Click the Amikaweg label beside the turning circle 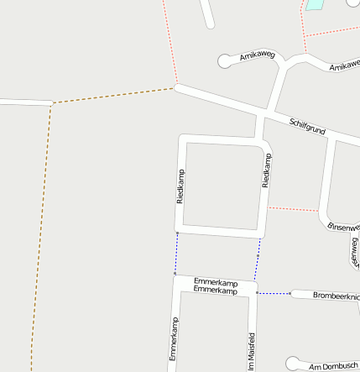coord(257,56)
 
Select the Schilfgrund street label coord(306,127)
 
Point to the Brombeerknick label coord(336,296)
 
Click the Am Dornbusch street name coord(333,367)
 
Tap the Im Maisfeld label coord(251,352)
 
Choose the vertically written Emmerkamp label coord(174,338)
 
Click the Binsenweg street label coord(343,227)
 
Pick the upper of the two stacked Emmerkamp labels coord(216,281)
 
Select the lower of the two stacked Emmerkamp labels coord(216,291)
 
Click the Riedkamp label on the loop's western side coord(180,186)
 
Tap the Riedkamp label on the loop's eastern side coord(266,170)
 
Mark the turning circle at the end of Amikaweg coord(224,60)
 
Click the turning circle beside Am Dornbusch coord(292,363)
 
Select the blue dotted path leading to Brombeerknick coord(274,293)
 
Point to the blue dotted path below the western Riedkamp coord(176,253)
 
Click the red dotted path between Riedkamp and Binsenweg coord(294,207)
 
